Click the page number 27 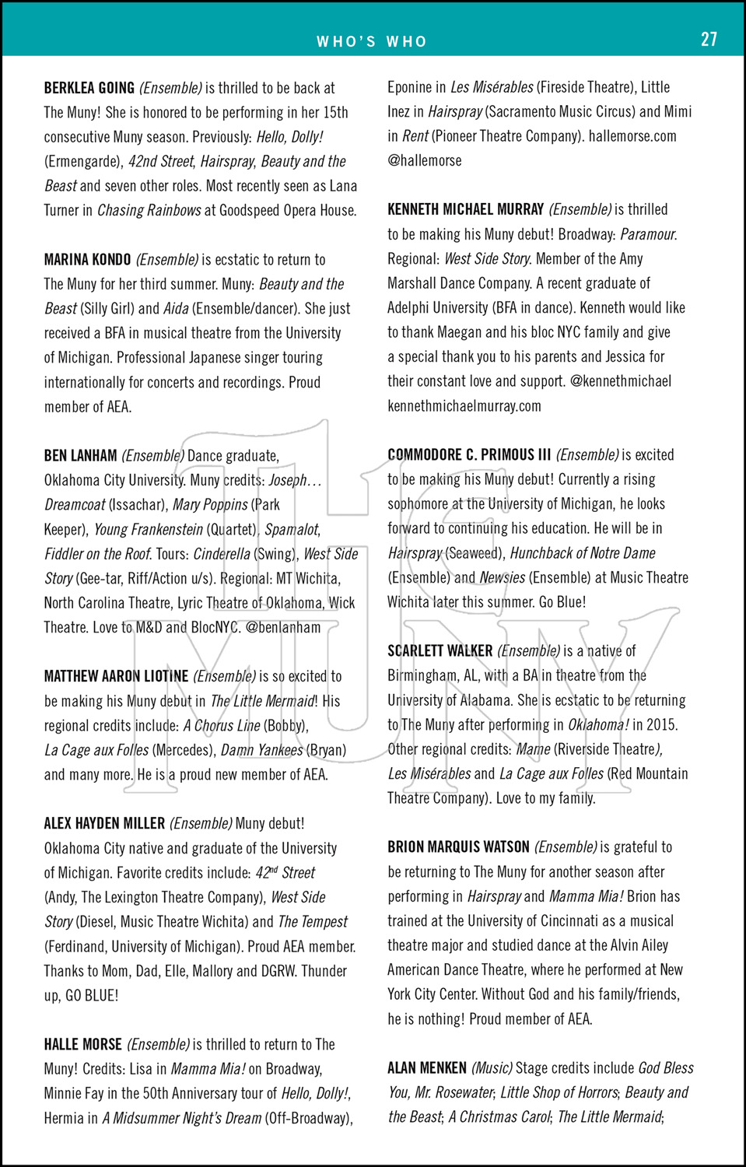[x=709, y=40]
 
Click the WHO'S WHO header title [x=372, y=42]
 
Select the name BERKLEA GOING [x=89, y=88]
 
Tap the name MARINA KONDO [x=87, y=260]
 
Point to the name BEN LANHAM [x=80, y=456]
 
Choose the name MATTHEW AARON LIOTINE [x=116, y=676]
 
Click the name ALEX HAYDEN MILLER [x=104, y=823]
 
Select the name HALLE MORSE [x=82, y=1044]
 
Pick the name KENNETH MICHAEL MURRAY [x=465, y=209]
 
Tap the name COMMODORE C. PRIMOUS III [x=469, y=454]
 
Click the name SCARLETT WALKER [x=440, y=650]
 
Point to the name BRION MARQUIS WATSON [x=458, y=846]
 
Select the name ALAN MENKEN [x=427, y=1067]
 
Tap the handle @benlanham [x=283, y=627]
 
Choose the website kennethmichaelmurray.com [x=464, y=406]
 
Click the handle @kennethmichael [x=621, y=381]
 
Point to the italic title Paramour [x=649, y=234]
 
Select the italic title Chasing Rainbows [x=149, y=210]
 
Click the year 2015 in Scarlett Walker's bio [x=661, y=724]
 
